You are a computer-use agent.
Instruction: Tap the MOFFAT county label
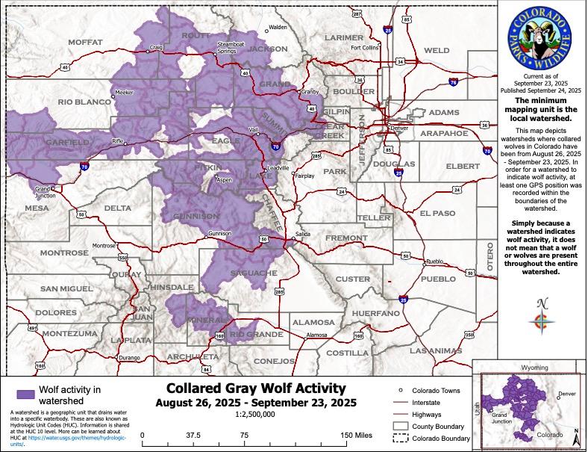pyautogui.click(x=85, y=43)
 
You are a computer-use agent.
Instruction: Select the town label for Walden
pyautogui.click(x=278, y=28)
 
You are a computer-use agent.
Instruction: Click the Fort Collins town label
pyautogui.click(x=365, y=48)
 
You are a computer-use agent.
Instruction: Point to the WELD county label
pyautogui.click(x=437, y=51)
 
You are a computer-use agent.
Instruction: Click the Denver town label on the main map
pyautogui.click(x=401, y=127)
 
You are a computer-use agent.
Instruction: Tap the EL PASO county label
pyautogui.click(x=437, y=213)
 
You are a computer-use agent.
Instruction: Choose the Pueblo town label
pyautogui.click(x=436, y=261)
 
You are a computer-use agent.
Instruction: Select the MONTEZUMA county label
pyautogui.click(x=69, y=332)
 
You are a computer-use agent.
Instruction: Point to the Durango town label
pyautogui.click(x=129, y=359)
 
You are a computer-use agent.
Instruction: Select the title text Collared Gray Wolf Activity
pyautogui.click(x=256, y=388)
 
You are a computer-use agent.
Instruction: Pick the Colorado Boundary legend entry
pyautogui.click(x=434, y=438)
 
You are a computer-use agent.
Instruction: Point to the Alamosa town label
pyautogui.click(x=318, y=335)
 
